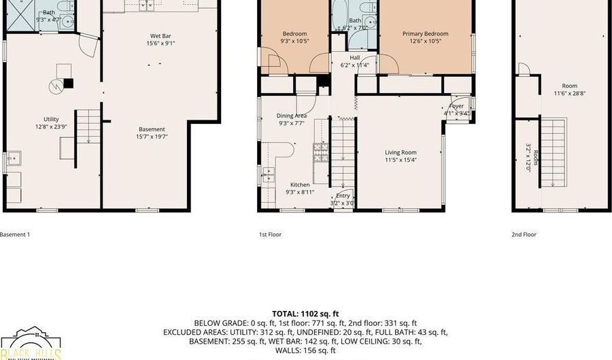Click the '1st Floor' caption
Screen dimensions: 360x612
tap(270, 235)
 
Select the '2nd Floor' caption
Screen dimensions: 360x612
tap(524, 235)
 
